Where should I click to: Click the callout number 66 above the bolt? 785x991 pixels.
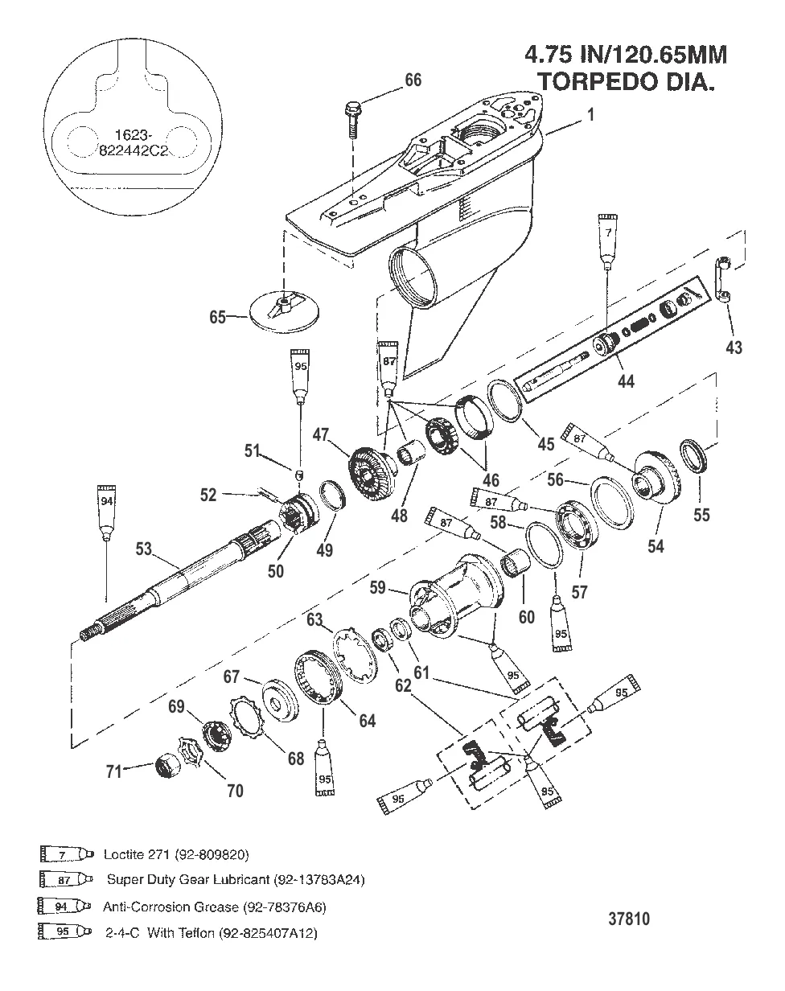click(x=413, y=80)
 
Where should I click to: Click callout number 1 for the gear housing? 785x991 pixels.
click(x=591, y=115)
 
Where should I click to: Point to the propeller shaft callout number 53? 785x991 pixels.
click(x=143, y=549)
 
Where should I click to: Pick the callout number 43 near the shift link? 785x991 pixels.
click(x=734, y=347)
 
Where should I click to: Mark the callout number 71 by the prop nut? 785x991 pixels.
click(x=115, y=771)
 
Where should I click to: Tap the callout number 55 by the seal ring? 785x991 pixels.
click(x=701, y=515)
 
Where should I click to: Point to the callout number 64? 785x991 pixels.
click(x=367, y=722)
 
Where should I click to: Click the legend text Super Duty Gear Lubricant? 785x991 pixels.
click(x=236, y=880)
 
